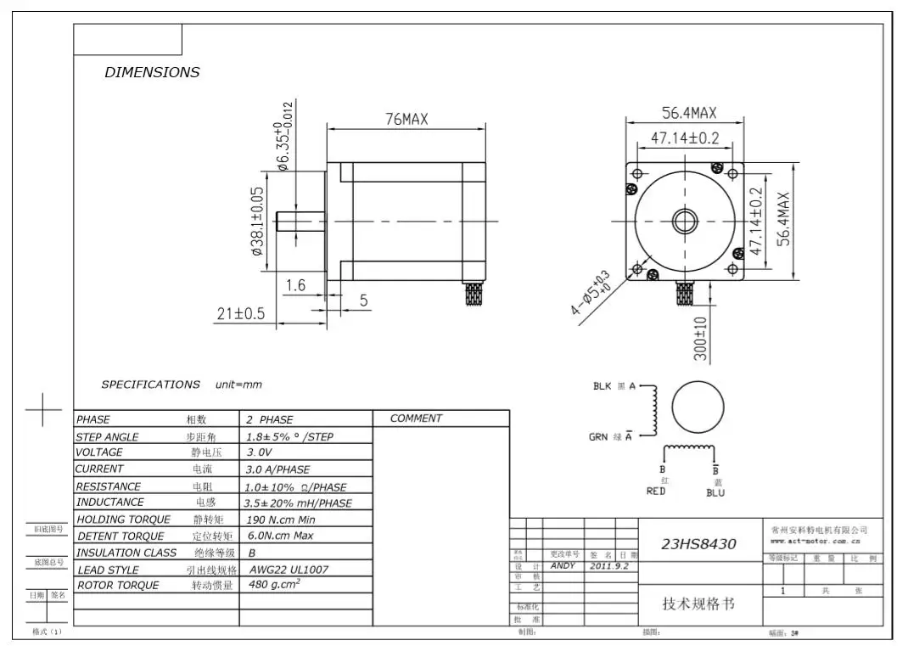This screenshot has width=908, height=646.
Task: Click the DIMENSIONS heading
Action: click(152, 72)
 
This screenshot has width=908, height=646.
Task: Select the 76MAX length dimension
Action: click(406, 120)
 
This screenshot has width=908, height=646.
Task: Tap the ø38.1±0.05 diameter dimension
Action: click(258, 222)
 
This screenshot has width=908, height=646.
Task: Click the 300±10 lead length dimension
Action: click(701, 339)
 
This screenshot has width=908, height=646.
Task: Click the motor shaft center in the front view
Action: click(684, 222)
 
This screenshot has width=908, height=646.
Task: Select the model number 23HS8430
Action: click(698, 544)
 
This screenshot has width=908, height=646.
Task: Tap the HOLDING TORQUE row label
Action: click(124, 520)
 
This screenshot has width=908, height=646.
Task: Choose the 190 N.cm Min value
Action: click(281, 520)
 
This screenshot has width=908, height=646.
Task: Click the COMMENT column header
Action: click(416, 418)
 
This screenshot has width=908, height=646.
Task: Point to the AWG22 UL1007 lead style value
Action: click(289, 570)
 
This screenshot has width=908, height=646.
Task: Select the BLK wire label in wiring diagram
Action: click(603, 386)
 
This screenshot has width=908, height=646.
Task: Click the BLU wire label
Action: click(715, 492)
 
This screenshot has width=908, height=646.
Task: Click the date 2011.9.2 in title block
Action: click(608, 565)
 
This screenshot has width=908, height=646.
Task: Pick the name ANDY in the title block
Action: click(563, 565)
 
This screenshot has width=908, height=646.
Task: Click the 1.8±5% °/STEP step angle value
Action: click(289, 437)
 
